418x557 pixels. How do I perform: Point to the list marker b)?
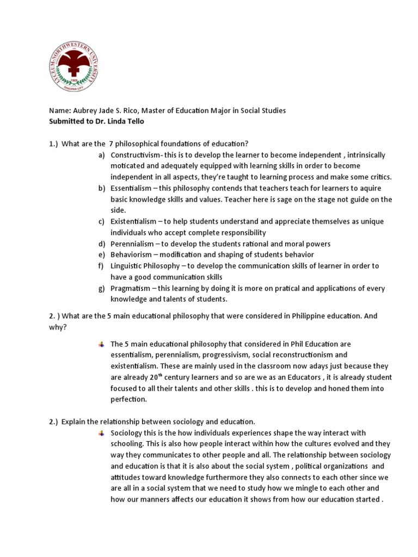click(101, 188)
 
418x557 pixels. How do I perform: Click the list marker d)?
click(101, 244)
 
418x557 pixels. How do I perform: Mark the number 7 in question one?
click(111, 144)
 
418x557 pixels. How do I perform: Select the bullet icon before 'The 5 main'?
click(101, 344)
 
